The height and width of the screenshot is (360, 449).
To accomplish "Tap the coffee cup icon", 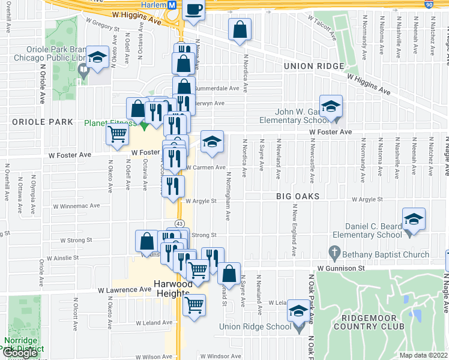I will (194, 10).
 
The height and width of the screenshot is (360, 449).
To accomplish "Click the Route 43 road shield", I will (179, 223).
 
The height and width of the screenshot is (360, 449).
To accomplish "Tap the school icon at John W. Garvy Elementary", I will (330, 107).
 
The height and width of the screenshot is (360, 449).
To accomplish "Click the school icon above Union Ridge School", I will (298, 311).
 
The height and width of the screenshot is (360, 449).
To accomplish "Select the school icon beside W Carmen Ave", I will (211, 142).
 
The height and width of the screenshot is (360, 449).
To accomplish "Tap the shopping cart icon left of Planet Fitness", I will (117, 135).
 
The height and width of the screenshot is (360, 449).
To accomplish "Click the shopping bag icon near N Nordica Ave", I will (240, 30).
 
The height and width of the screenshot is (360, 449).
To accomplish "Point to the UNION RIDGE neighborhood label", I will (314, 67).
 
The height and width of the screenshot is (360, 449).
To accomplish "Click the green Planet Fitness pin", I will (143, 125).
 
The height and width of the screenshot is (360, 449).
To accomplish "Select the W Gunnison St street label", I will (341, 268).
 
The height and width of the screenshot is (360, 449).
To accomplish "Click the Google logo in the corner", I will (20, 353).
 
